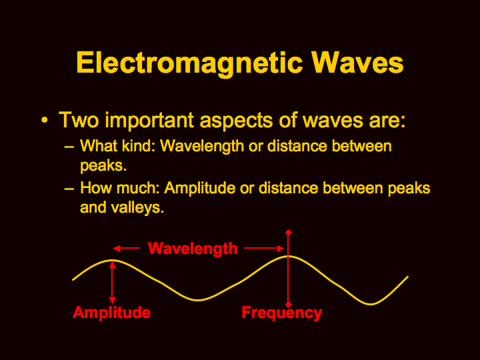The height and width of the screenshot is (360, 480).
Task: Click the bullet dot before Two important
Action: [45, 120]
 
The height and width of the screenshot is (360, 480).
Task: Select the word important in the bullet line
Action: [149, 120]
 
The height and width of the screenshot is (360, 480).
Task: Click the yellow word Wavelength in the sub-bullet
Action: [202, 146]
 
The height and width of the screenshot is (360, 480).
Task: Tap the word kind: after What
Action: [138, 146]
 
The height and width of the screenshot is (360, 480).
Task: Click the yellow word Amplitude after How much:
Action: [199, 188]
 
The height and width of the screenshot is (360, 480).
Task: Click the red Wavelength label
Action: [193, 249]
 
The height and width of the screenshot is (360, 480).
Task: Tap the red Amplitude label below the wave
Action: [112, 313]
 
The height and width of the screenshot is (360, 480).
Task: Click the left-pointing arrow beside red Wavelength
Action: [126, 248]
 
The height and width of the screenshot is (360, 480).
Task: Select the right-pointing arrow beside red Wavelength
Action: [264, 248]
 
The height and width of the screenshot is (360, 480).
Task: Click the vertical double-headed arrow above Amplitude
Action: [113, 282]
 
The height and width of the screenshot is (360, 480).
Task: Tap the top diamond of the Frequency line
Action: [289, 233]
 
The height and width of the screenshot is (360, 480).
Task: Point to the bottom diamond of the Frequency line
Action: [289, 305]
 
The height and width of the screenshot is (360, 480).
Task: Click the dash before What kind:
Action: [69, 147]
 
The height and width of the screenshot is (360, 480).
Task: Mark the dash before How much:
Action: [69, 189]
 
